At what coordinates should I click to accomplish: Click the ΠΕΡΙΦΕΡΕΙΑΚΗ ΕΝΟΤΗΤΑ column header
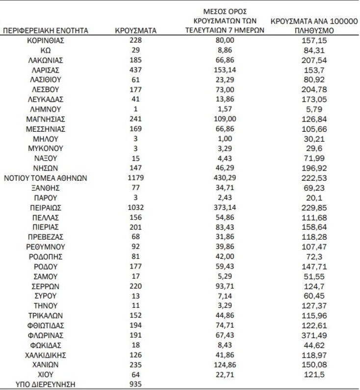point(46,30)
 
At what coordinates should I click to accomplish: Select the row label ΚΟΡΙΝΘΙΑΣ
point(46,40)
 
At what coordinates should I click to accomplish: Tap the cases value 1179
point(135,178)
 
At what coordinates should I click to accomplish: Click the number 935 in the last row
point(135,384)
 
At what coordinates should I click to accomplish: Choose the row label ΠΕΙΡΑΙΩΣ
point(46,207)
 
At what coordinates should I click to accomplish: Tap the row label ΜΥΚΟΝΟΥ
point(46,148)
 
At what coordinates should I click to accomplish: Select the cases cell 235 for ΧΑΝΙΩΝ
point(135,365)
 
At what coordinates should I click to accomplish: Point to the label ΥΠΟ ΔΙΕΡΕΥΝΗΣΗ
point(46,384)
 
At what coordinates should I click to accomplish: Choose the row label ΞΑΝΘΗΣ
point(46,188)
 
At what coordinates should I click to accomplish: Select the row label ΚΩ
point(46,50)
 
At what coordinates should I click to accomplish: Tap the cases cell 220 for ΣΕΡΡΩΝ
point(135,286)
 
